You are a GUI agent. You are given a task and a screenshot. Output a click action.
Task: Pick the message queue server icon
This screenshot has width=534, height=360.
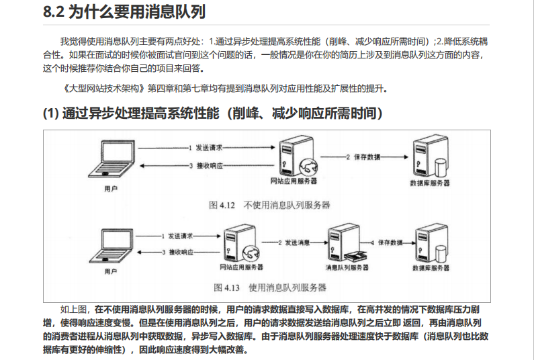click(345, 243)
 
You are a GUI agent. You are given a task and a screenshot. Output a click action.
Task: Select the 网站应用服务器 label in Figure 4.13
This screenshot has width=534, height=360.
click(241, 267)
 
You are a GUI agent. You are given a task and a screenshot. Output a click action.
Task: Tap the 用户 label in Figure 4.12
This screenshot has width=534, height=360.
click(112, 189)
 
